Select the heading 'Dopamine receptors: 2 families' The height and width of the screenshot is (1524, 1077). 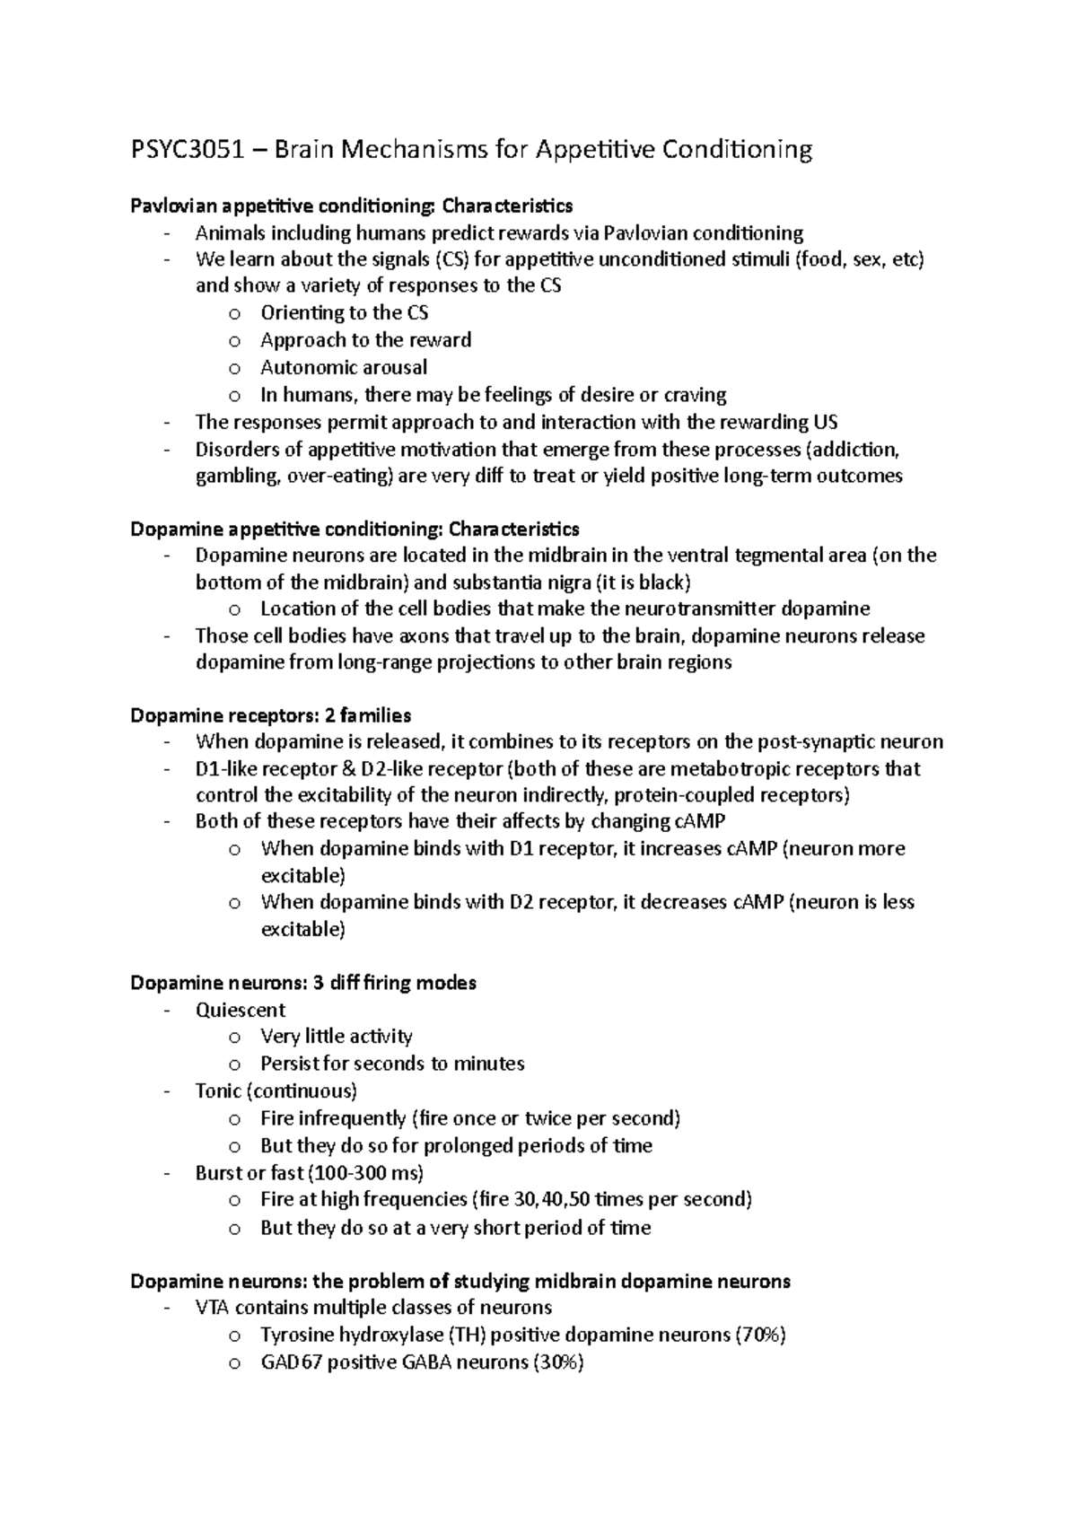pos(271,715)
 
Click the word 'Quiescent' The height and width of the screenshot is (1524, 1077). pos(241,1010)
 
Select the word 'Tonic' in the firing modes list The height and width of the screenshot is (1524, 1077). pos(218,1091)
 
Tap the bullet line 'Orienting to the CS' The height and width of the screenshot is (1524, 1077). pos(345,312)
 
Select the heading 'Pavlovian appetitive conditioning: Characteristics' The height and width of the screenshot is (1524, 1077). pos(351,206)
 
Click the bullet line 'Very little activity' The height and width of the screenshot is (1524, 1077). pos(337,1037)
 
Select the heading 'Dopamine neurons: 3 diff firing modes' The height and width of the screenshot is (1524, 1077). pos(303,983)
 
